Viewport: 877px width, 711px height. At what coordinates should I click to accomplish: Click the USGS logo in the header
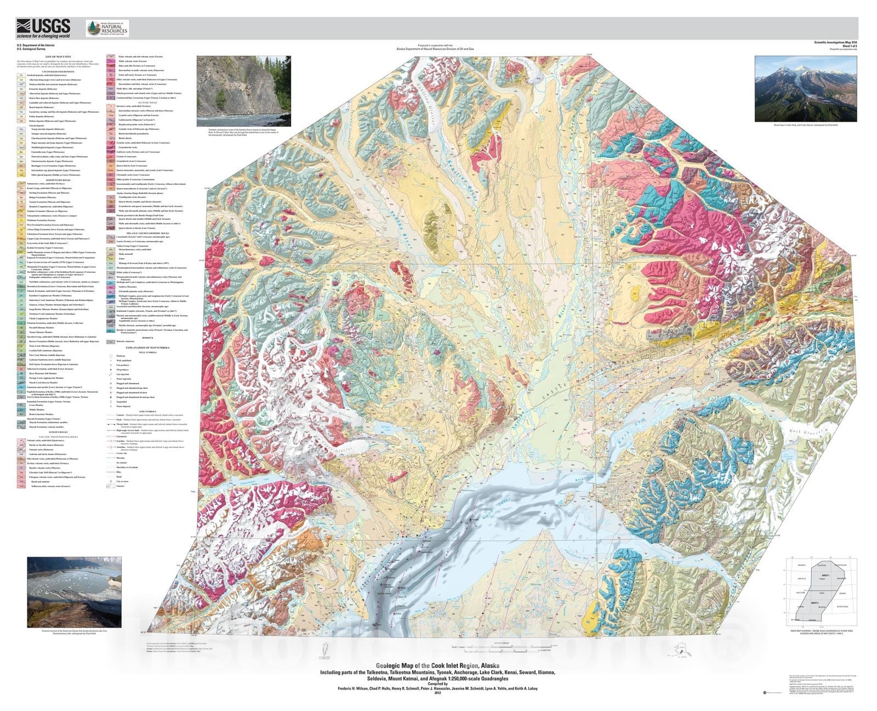[43, 27]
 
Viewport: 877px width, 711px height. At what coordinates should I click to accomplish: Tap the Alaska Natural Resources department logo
[107, 28]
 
